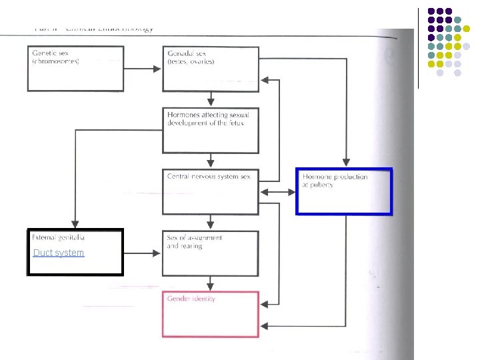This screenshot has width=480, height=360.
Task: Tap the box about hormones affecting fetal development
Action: tap(211, 130)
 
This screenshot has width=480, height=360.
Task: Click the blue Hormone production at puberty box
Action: tap(344, 191)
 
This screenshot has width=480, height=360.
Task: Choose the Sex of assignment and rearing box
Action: tap(211, 253)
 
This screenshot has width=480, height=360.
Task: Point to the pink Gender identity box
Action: tap(211, 314)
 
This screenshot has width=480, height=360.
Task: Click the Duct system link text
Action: tap(59, 253)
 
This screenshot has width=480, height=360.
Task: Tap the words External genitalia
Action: tap(59, 237)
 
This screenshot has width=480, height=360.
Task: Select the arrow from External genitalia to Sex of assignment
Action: tap(143, 253)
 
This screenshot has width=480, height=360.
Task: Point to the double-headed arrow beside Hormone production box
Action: tap(278, 192)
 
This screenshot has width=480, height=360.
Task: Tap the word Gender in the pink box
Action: tap(178, 299)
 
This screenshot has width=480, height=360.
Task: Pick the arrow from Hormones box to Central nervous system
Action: tap(211, 161)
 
